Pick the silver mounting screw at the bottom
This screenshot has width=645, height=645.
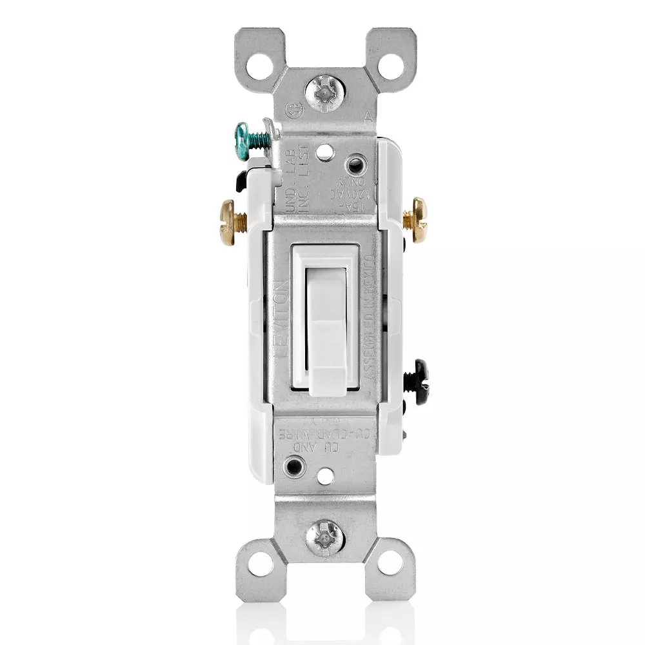coord(325,535)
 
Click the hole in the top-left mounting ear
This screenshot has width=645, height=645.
coord(261,64)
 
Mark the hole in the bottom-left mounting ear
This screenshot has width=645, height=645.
coord(259,562)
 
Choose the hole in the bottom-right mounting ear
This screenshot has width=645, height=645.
coord(390,562)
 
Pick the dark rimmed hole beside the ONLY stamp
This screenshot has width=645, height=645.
coord(353,166)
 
